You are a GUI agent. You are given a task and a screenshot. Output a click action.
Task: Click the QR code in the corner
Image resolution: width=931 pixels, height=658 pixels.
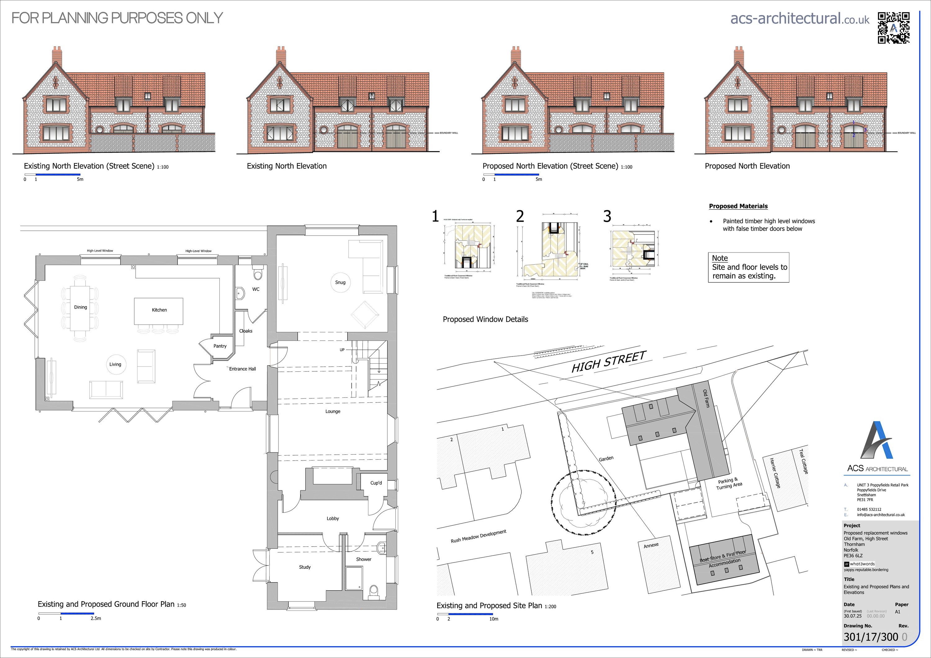(893, 28)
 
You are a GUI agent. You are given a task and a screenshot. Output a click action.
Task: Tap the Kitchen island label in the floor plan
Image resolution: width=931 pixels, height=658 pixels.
(159, 310)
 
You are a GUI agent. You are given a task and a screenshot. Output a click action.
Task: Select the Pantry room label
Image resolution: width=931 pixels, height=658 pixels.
(220, 346)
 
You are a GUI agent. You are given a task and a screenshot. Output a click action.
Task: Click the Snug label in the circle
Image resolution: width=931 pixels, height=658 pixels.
(340, 282)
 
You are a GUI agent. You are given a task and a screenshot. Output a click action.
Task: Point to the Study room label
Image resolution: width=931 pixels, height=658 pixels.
(304, 567)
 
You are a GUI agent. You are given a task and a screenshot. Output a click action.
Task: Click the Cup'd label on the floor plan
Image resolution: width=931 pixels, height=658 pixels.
(376, 483)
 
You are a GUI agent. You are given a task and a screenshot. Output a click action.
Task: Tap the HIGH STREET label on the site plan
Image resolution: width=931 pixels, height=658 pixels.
(608, 361)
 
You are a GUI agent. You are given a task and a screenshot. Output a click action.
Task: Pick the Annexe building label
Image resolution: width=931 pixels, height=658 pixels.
(651, 546)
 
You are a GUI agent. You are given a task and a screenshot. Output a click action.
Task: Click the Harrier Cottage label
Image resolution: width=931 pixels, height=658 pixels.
(775, 473)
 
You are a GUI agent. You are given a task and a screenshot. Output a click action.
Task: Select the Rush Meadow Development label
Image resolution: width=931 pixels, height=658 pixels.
(479, 536)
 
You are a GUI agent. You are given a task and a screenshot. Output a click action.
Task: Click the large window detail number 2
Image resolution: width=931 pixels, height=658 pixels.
(520, 216)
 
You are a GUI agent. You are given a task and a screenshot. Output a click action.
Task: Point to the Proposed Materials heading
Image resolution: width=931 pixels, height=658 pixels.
(738, 206)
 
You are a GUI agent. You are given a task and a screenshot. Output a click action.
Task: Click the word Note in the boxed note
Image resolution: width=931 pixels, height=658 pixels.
(720, 258)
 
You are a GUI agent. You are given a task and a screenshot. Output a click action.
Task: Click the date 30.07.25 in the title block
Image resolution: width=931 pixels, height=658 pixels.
(853, 616)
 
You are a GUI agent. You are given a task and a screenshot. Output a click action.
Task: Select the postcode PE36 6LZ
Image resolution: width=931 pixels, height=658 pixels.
(853, 556)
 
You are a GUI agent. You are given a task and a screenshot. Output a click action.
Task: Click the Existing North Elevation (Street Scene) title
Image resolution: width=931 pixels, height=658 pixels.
(89, 166)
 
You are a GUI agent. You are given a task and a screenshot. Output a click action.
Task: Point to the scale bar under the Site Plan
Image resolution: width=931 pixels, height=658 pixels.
(465, 614)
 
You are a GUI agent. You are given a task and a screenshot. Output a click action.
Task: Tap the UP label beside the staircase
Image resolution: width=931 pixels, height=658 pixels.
(342, 350)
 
